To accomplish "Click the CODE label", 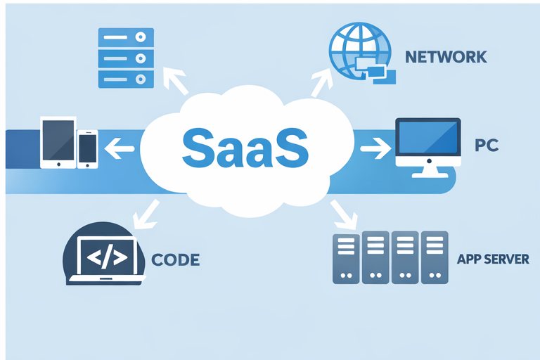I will [x=176, y=259].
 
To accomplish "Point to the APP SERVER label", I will [x=493, y=259].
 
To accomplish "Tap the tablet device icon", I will [x=58, y=143].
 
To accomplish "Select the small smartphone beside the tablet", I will [x=88, y=149].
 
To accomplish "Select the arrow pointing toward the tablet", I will [x=121, y=148].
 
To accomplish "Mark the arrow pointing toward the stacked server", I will [x=176, y=79].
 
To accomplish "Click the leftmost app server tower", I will [x=345, y=258].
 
